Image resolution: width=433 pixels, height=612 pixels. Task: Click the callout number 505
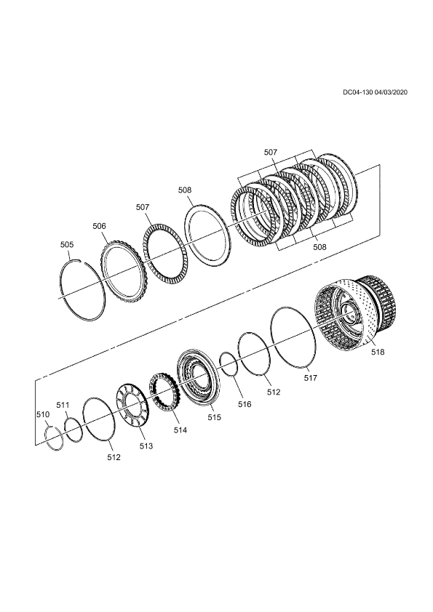pyautogui.click(x=67, y=245)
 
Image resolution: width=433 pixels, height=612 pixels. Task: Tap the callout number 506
pyautogui.click(x=99, y=226)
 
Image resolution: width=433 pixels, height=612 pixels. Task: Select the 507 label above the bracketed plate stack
pyautogui.click(x=271, y=153)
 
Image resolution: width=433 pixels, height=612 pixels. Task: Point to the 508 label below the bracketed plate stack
pyautogui.click(x=319, y=247)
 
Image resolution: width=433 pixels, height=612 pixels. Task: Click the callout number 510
pyautogui.click(x=43, y=414)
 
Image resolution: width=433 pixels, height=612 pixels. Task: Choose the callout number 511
pyautogui.click(x=63, y=405)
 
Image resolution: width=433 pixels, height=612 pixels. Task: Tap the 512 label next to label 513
pyautogui.click(x=114, y=457)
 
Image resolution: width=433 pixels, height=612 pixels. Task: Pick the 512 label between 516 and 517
pyautogui.click(x=274, y=392)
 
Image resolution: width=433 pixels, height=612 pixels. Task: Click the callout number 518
pyautogui.click(x=378, y=352)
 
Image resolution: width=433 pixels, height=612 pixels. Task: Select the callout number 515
pyautogui.click(x=214, y=417)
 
